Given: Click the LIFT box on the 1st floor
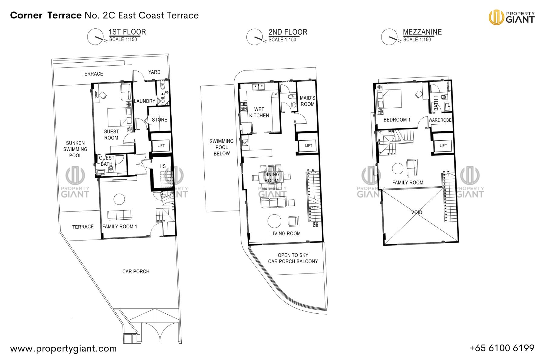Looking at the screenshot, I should (x=161, y=146).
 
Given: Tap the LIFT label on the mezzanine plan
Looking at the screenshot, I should (x=443, y=146).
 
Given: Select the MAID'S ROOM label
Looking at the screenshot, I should (x=307, y=101).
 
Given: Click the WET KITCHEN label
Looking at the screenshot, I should (x=259, y=112).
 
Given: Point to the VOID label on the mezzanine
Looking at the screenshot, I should (x=417, y=212).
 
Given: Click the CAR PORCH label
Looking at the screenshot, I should (x=136, y=271).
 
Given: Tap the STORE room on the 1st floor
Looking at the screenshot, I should (x=160, y=120).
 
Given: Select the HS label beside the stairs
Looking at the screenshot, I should (x=163, y=166).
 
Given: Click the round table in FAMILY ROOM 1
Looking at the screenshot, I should (x=119, y=199).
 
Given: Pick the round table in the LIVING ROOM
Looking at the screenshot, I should (x=274, y=221).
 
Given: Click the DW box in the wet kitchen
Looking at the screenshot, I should (x=275, y=94).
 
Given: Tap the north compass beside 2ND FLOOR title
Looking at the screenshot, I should (x=255, y=37).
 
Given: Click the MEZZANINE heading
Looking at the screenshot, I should (x=422, y=32).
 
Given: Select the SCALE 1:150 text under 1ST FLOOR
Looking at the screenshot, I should (x=123, y=40).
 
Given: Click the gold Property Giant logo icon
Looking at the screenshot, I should (x=496, y=17).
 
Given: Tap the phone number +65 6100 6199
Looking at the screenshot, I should (x=502, y=348).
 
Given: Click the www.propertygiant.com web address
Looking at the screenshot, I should (x=63, y=348).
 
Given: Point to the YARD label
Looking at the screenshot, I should (x=154, y=72).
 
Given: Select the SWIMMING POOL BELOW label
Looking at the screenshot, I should (x=221, y=147).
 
